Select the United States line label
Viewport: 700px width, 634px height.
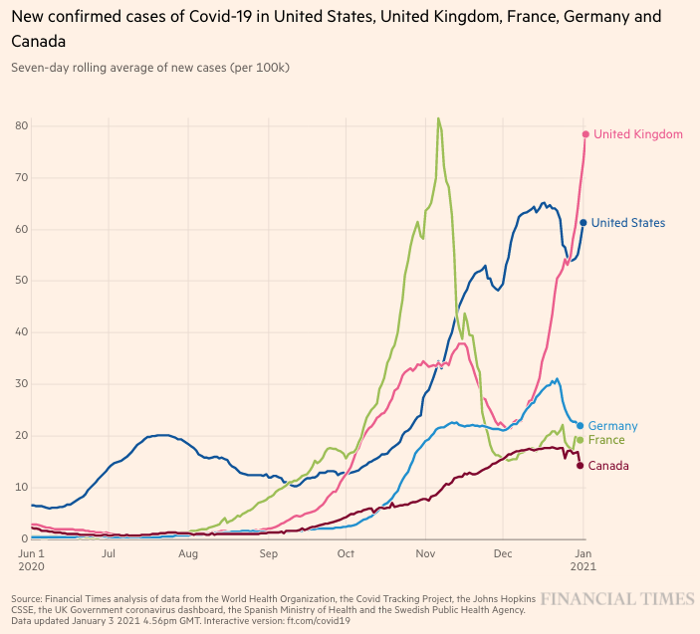click(x=629, y=223)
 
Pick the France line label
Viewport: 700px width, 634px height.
click(x=606, y=440)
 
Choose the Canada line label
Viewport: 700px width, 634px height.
click(x=608, y=466)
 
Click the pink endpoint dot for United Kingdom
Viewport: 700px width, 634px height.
click(x=585, y=134)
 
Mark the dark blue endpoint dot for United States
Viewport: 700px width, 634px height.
click(x=583, y=223)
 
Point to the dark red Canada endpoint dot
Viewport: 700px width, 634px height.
click(x=580, y=466)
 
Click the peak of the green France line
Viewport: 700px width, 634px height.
click(x=438, y=118)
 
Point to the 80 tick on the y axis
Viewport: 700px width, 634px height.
click(x=21, y=125)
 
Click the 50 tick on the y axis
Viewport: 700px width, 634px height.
click(x=21, y=281)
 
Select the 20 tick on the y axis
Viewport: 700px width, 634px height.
click(x=21, y=436)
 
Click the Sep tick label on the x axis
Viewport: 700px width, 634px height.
click(x=269, y=553)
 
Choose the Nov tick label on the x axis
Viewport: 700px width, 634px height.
click(x=425, y=553)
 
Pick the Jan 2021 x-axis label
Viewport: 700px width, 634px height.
click(x=583, y=560)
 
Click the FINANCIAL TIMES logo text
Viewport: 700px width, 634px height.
click(x=617, y=598)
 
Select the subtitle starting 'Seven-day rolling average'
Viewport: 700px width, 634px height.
click(x=150, y=68)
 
